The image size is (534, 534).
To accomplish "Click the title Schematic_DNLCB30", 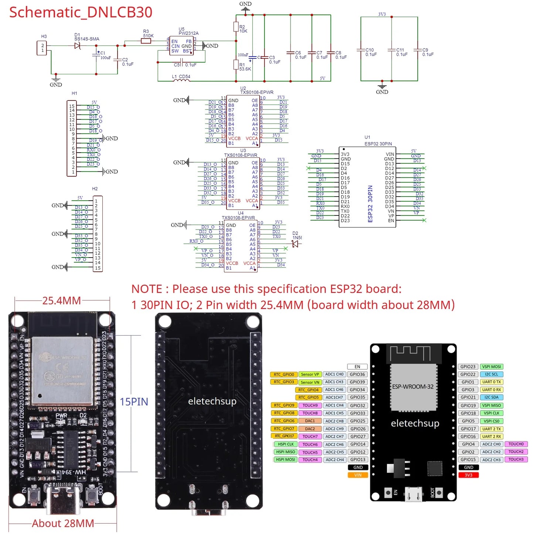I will pyautogui.click(x=81, y=12).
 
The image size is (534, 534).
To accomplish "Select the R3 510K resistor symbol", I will pyautogui.click(x=146, y=41).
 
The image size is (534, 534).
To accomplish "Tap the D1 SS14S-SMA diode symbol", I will pyautogui.click(x=77, y=46).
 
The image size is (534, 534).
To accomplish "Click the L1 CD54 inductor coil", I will pyautogui.click(x=181, y=80).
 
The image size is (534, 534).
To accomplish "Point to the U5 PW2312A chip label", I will pyautogui.click(x=188, y=31).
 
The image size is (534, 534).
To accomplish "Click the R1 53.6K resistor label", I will pyautogui.click(x=245, y=67).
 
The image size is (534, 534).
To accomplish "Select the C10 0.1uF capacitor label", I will pyautogui.click(x=371, y=52).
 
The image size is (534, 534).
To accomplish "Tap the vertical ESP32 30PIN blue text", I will pyautogui.click(x=370, y=204).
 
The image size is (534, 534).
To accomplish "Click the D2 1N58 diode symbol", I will pyautogui.click(x=295, y=244).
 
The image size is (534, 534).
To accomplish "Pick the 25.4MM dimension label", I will pyautogui.click(x=61, y=301).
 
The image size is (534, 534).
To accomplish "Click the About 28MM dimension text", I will pyautogui.click(x=63, y=523).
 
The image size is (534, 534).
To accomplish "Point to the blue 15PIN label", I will pyautogui.click(x=134, y=402).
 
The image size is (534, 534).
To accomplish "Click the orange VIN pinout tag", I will pyautogui.click(x=358, y=475).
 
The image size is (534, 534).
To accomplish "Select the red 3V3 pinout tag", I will pyautogui.click(x=468, y=475).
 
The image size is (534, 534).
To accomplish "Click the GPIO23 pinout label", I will pyautogui.click(x=468, y=367).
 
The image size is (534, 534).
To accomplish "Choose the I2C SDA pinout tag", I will pyautogui.click(x=492, y=397).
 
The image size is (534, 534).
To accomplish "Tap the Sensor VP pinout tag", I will pyautogui.click(x=310, y=374).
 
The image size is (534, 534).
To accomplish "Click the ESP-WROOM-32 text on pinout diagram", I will pyautogui.click(x=413, y=387).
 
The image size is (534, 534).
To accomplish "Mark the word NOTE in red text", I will pyautogui.click(x=147, y=289).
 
